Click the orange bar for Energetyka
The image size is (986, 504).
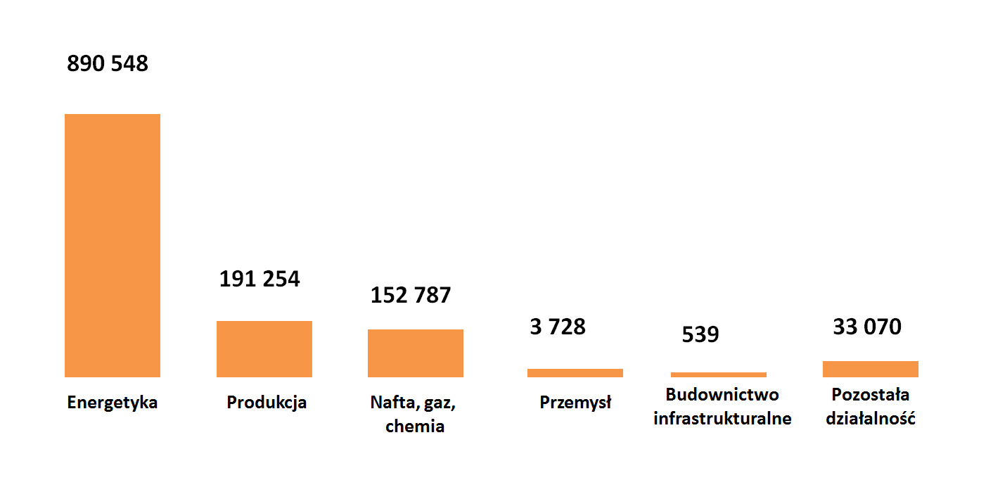click(113, 245)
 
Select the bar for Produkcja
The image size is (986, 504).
click(264, 348)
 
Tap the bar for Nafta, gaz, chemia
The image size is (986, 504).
click(415, 353)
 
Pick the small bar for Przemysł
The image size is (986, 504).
click(575, 373)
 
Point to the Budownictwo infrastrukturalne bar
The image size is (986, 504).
click(718, 374)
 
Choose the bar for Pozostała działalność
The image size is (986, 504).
click(870, 369)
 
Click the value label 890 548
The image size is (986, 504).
click(108, 64)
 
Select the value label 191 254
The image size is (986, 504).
click(260, 279)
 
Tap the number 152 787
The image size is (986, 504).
click(411, 295)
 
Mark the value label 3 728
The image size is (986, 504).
click(558, 327)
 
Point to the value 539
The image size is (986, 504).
click(700, 334)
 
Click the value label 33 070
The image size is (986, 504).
click(867, 327)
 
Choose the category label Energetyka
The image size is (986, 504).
click(113, 403)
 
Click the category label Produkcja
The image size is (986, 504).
click(267, 403)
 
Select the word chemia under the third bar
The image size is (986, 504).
click(415, 426)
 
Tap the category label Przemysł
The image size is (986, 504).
click(575, 403)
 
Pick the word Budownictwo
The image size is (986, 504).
click(722, 394)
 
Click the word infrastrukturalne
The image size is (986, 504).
click(722, 418)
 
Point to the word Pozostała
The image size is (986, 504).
click(870, 394)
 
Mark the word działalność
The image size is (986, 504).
click(870, 418)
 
